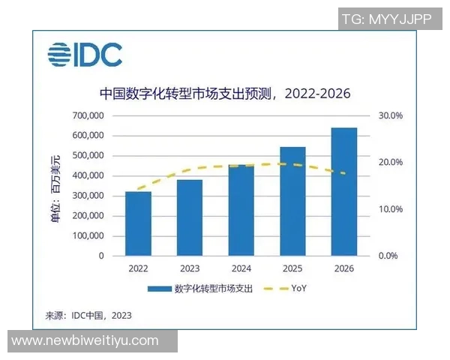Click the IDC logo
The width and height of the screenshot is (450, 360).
85,55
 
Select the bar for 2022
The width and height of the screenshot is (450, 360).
138,223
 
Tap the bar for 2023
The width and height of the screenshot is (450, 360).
190,217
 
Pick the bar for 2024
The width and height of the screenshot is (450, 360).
241,210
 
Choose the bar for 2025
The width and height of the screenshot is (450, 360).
292,201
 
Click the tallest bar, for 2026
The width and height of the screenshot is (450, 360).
344,191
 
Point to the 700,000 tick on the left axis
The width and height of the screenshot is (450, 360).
87,116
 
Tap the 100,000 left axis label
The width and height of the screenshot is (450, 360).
87,236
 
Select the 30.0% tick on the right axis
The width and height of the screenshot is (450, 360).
390,116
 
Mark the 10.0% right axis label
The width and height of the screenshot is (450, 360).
390,209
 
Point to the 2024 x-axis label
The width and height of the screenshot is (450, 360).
241,268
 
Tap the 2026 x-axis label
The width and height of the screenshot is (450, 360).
344,268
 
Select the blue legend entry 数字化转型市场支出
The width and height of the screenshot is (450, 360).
202,288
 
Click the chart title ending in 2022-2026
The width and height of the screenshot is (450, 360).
225,94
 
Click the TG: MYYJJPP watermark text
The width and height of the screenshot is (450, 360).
386,19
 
